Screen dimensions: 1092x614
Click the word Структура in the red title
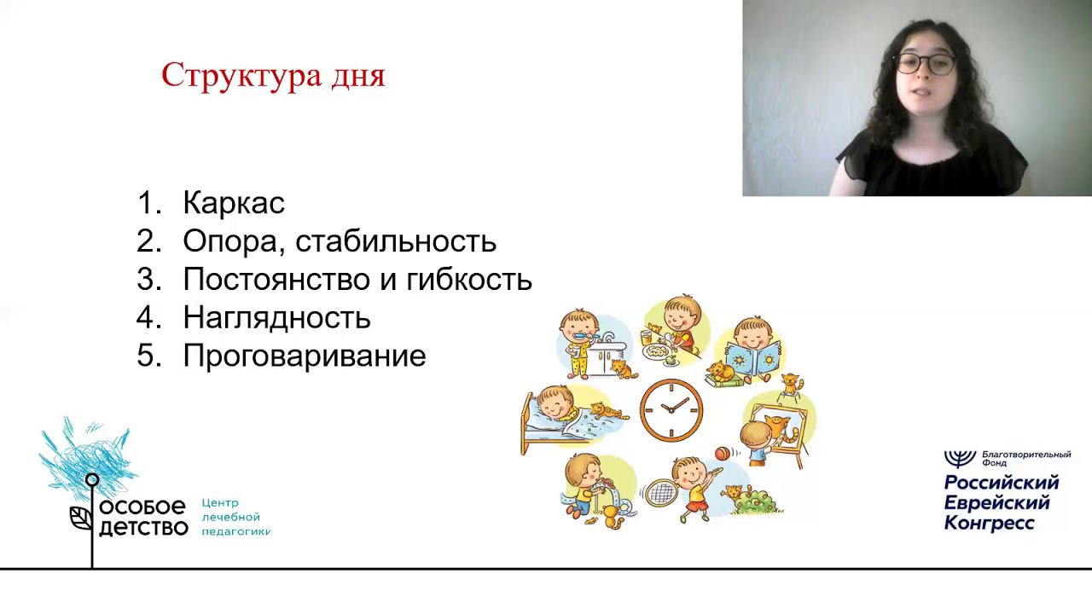(241, 77)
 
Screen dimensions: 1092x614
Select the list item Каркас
(234, 203)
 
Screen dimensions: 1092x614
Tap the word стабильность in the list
(396, 240)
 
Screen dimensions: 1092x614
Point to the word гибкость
(469, 279)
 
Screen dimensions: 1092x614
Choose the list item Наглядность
(277, 318)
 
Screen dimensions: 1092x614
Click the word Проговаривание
(305, 356)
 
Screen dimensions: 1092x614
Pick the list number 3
(148, 279)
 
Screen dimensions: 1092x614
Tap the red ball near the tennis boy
(723, 454)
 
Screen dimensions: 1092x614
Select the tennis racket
(660, 492)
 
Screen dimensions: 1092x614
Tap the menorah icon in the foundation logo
(960, 459)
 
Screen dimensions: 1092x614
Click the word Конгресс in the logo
(989, 524)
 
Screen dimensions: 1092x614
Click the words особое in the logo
(142, 507)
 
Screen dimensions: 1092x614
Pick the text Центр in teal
(220, 503)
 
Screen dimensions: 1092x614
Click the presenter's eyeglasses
(925, 64)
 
